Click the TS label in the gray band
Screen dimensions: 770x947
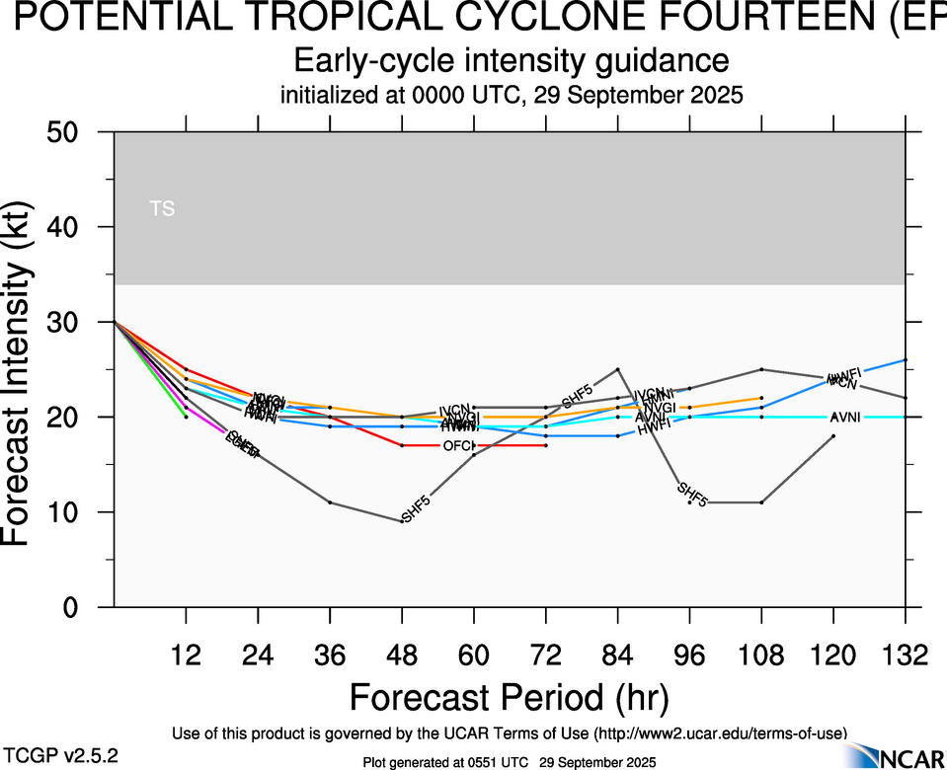click(162, 208)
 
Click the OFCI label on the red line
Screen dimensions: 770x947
click(458, 446)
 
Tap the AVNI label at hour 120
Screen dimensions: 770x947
click(845, 417)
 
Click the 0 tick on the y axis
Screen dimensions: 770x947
click(83, 608)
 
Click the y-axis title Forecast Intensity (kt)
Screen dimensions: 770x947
click(27, 369)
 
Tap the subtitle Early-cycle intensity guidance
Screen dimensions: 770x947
click(512, 61)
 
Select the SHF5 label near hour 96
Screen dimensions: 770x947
click(692, 495)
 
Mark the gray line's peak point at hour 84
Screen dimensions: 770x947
click(617, 369)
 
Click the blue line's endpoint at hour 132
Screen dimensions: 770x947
click(906, 360)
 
